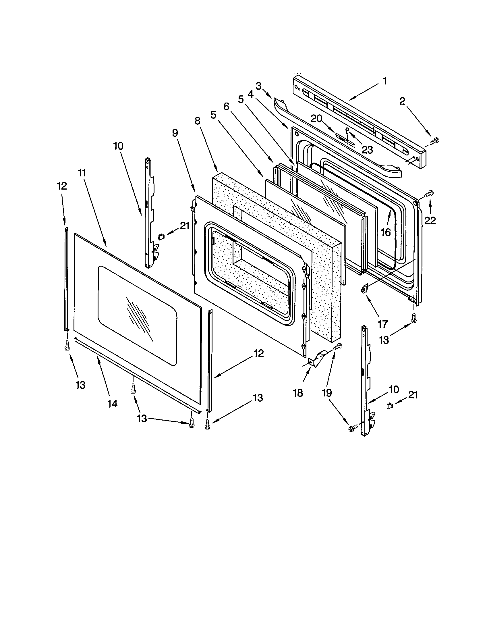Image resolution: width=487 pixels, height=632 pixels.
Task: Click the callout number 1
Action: [385, 81]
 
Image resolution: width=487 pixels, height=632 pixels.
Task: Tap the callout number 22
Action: [430, 221]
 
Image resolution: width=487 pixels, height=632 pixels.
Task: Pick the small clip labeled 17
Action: [365, 288]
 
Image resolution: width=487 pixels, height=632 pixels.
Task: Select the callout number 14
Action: [113, 404]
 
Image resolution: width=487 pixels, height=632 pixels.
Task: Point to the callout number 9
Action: [175, 133]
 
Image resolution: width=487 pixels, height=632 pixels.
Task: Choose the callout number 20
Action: [316, 119]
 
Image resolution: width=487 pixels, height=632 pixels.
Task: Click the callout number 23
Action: [367, 150]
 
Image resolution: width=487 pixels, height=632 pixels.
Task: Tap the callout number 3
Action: [258, 86]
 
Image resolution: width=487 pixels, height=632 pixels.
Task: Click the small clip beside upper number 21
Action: [161, 236]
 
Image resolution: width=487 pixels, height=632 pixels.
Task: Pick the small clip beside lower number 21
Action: [389, 406]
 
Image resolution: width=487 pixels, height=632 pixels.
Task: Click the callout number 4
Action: [250, 94]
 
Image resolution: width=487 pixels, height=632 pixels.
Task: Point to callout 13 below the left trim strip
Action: [80, 385]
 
